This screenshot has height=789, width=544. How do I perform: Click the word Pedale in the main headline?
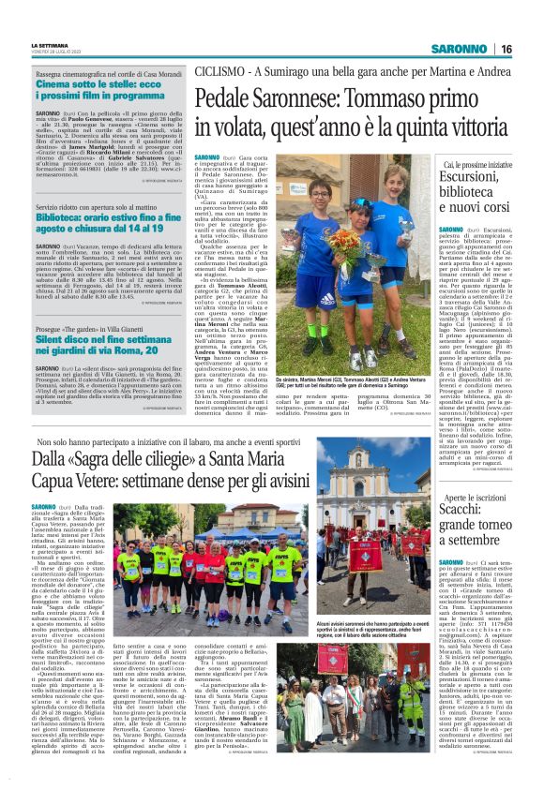pyautogui.click(x=222, y=97)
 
